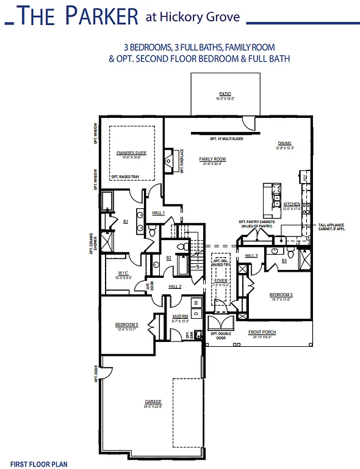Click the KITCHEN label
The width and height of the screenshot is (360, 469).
point(292,203)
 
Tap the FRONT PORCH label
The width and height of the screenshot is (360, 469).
point(262,332)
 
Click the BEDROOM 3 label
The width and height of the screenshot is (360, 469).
point(281,294)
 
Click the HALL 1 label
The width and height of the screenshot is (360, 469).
point(159,212)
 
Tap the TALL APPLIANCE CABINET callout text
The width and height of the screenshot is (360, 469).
point(334,227)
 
